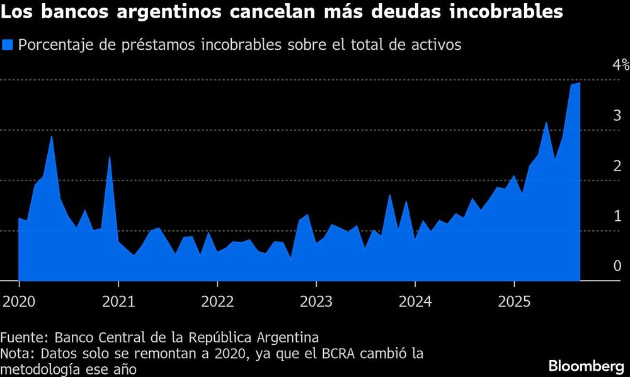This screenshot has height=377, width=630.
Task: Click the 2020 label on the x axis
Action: click(x=18, y=301)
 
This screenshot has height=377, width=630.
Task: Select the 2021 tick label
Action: click(x=118, y=301)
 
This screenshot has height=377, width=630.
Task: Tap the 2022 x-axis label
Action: click(x=217, y=301)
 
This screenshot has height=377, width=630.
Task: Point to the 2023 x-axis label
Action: click(x=316, y=301)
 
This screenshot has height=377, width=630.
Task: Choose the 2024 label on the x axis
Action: click(x=415, y=301)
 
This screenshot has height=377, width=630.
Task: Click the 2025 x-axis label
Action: click(x=514, y=301)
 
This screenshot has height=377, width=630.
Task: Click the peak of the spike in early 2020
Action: click(x=52, y=136)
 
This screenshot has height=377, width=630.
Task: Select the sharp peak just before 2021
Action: click(x=110, y=157)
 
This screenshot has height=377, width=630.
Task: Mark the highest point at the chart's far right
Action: click(x=579, y=82)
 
